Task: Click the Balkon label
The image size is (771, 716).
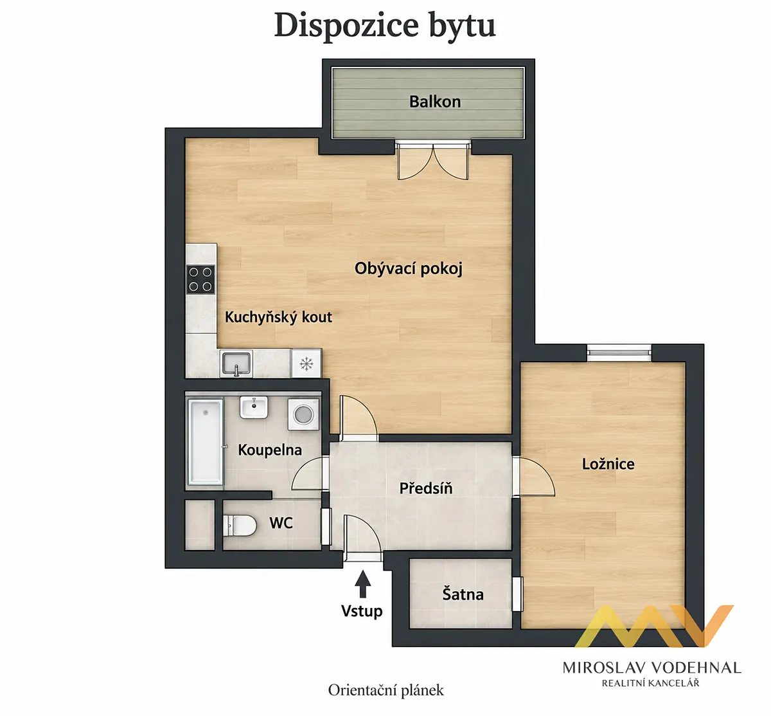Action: [435, 102]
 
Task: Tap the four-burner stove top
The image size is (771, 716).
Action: [200, 279]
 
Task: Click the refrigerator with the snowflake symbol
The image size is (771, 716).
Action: [306, 364]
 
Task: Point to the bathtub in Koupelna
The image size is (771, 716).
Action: [206, 442]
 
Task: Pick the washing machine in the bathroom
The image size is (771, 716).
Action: [303, 414]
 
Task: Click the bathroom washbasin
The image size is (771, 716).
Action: [254, 407]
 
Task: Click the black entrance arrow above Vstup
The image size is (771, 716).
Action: [362, 583]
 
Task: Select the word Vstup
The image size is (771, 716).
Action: [362, 611]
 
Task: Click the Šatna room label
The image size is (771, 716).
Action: [463, 594]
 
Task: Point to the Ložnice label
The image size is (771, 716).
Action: [608, 464]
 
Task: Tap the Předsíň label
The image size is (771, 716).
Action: [426, 488]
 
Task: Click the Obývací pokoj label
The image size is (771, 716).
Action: [409, 269]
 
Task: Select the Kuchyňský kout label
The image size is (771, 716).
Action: [278, 317]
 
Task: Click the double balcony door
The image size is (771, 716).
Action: [433, 161]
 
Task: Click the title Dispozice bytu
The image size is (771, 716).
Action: [385, 26]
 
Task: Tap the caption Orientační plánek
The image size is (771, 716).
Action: [386, 690]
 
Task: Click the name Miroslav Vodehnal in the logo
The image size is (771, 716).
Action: [652, 668]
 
